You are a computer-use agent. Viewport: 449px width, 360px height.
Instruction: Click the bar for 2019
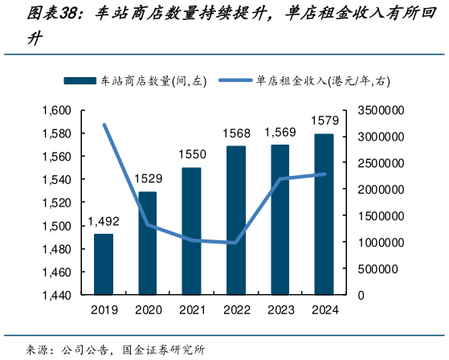104,264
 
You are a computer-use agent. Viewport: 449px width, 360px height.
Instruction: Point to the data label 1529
148,178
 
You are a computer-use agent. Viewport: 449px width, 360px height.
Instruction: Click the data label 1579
324,121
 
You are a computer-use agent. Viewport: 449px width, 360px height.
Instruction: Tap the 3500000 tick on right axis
381,110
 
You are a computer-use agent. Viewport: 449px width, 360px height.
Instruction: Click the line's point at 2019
104,125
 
